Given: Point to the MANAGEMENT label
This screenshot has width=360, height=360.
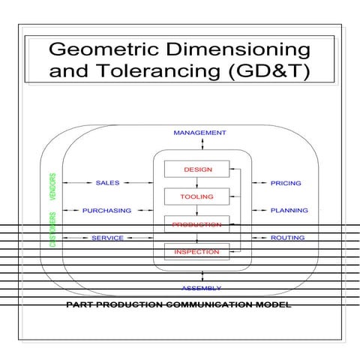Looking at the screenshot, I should tap(199, 133).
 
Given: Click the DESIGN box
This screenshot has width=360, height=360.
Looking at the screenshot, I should tap(198, 169).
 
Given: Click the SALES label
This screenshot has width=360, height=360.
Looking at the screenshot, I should tap(107, 183).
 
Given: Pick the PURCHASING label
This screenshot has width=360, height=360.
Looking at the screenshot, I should tap(106, 211).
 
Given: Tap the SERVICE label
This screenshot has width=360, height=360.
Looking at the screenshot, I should tap(107, 238).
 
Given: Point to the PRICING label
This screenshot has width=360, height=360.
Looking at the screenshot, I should tap(286, 183).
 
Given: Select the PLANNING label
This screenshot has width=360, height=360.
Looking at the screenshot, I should tap(289, 211).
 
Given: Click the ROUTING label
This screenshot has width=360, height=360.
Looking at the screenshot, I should tap(287, 238).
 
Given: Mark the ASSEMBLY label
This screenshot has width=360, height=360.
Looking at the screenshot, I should tap(200, 288).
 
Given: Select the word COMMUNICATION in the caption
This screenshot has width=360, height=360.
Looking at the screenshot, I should tap(206, 305).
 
